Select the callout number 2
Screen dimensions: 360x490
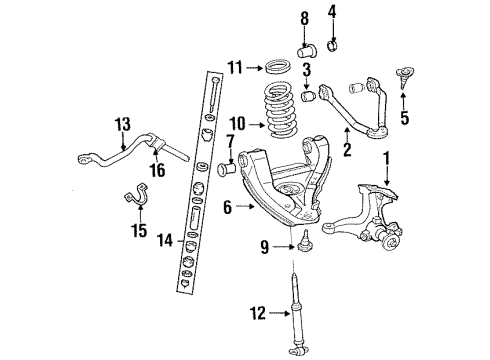347,152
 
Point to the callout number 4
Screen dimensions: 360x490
333,14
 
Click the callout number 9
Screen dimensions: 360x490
264,247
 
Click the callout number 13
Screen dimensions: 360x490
122,124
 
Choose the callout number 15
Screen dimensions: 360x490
138,231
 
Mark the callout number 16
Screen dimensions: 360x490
157,171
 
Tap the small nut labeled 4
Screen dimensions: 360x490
333,44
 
